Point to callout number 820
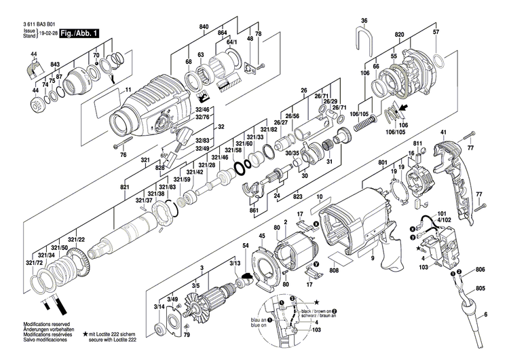coord(399,33)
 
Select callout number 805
coord(480,288)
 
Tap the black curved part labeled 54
coord(248,276)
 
